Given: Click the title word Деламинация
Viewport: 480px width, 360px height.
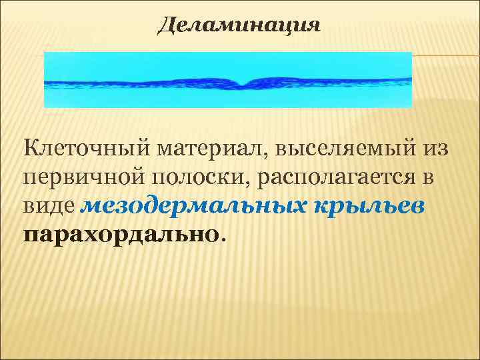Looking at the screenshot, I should pos(239,27).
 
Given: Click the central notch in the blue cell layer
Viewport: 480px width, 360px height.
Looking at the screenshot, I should pos(241,84).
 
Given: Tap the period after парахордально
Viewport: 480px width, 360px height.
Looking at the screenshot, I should pos(223,239).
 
